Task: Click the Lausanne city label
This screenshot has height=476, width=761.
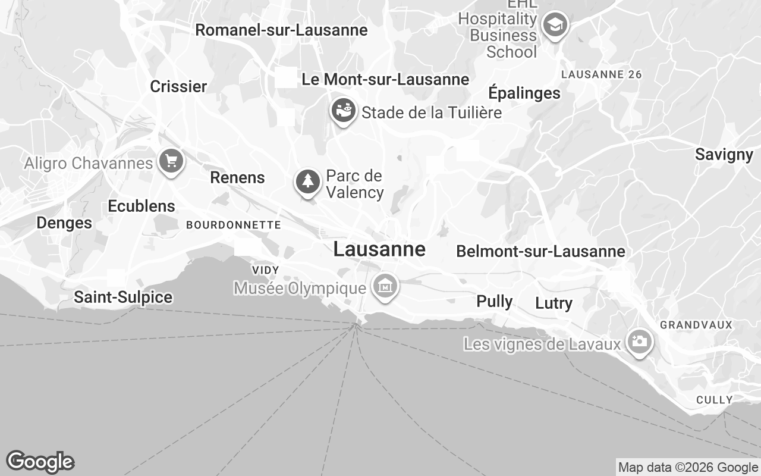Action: click(379, 249)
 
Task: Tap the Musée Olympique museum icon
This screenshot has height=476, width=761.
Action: click(385, 287)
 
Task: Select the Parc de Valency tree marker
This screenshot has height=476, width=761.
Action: click(307, 181)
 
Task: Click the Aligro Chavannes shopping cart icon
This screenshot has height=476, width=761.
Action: click(171, 161)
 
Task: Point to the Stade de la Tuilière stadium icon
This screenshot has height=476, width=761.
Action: click(343, 110)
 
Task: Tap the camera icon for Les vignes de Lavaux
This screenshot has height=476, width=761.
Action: click(639, 342)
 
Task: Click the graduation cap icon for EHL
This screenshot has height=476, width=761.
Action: click(555, 25)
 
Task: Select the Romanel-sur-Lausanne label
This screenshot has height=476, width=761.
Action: click(281, 30)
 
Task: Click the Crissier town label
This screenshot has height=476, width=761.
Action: click(178, 86)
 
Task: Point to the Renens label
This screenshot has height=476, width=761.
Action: click(237, 177)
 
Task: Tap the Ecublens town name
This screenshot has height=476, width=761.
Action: click(141, 206)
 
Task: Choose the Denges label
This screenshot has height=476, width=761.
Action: click(64, 223)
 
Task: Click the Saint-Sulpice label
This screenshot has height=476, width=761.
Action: click(123, 297)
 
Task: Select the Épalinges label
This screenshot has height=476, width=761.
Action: click(524, 93)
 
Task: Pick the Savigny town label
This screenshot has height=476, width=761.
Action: click(724, 155)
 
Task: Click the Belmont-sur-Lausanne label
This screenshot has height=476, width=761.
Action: click(540, 252)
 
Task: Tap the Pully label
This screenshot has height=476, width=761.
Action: click(495, 302)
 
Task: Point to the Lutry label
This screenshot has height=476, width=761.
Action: click(554, 303)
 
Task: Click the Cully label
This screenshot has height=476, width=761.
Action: click(714, 400)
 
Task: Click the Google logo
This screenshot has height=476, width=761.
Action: click(40, 462)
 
